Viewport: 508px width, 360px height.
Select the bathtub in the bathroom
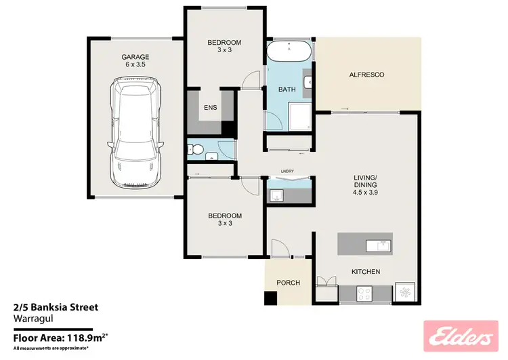[x=289, y=52]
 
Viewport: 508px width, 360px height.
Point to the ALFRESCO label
[x=366, y=75]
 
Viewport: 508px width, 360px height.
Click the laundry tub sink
[x=276, y=196]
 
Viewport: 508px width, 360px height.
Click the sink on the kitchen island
[x=378, y=244]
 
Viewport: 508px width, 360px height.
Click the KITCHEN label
[x=366, y=272]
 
